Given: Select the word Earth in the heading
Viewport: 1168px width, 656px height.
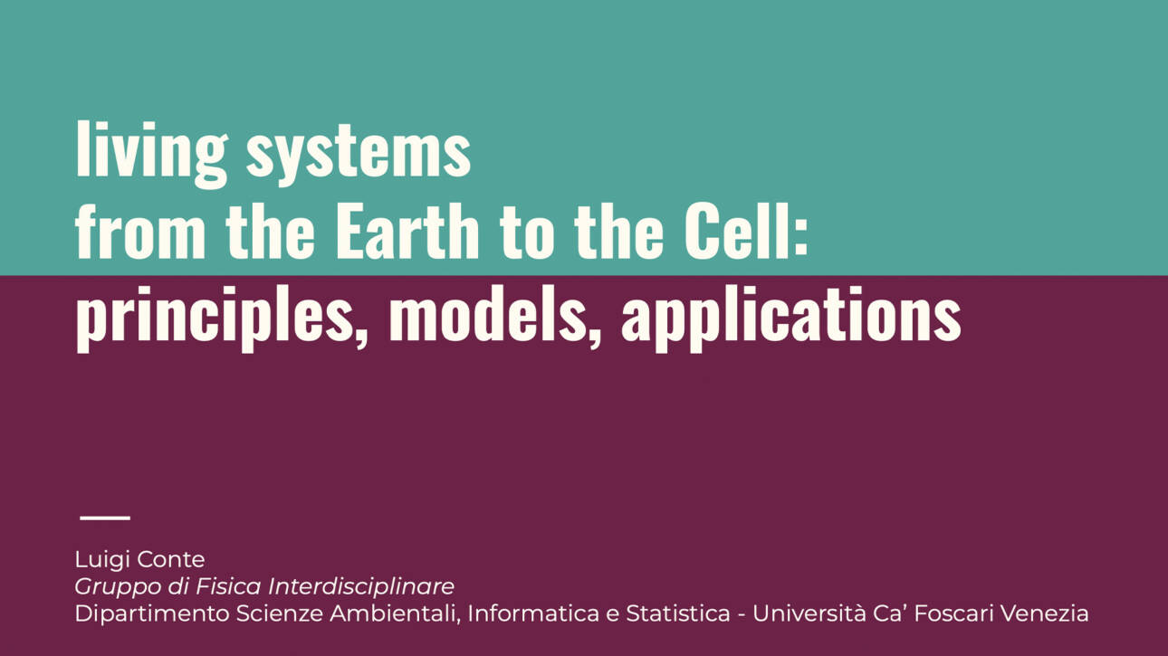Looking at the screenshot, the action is coord(407,230).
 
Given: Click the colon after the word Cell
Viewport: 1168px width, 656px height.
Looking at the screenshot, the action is coord(800,238).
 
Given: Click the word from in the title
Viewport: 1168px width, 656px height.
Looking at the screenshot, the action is coord(140,230).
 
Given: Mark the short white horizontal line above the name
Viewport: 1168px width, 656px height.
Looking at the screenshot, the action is coord(105,518).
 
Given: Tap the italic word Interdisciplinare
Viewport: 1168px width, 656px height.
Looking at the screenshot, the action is coord(361,586).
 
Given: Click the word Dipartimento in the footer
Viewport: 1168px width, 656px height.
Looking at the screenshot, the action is coord(152,613).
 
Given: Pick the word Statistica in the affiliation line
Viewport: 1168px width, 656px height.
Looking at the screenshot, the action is coord(678,613).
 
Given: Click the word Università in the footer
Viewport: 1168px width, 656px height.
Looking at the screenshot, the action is coord(809,613).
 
